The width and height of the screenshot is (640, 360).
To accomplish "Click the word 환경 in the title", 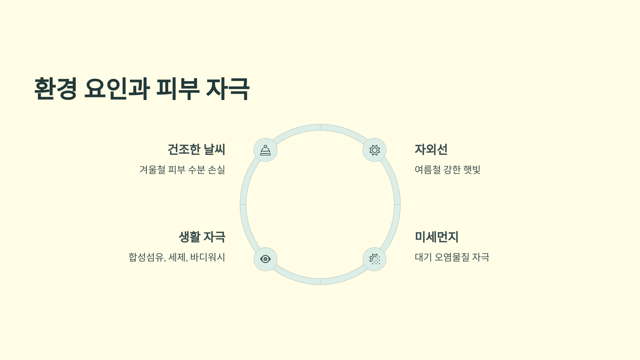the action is coord(56,89).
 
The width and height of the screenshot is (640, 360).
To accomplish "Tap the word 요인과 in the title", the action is coord(117,89).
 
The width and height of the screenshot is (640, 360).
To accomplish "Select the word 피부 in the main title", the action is coord(178,89).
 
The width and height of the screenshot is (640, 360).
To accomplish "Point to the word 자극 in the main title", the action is coord(228,89).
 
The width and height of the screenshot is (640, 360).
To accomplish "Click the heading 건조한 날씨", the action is coord(196,149).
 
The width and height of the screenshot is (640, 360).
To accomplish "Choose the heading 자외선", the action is coord(431,149).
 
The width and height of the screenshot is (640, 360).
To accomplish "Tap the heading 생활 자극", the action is coord(202,237).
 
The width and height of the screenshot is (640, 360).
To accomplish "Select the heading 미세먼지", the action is coord(437,237).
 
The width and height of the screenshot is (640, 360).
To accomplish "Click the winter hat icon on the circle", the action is coord(265,150).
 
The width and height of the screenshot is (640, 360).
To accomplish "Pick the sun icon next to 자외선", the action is coord(374,150).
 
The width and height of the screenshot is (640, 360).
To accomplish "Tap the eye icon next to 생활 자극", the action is coord(265,259).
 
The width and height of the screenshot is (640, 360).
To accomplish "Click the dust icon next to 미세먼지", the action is coord(374,259).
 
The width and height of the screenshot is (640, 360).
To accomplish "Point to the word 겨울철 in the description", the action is coord(152,170).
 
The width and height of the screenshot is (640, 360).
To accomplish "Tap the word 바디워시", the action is coord(207,257).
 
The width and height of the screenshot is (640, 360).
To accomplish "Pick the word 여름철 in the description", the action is coord(428,170).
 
